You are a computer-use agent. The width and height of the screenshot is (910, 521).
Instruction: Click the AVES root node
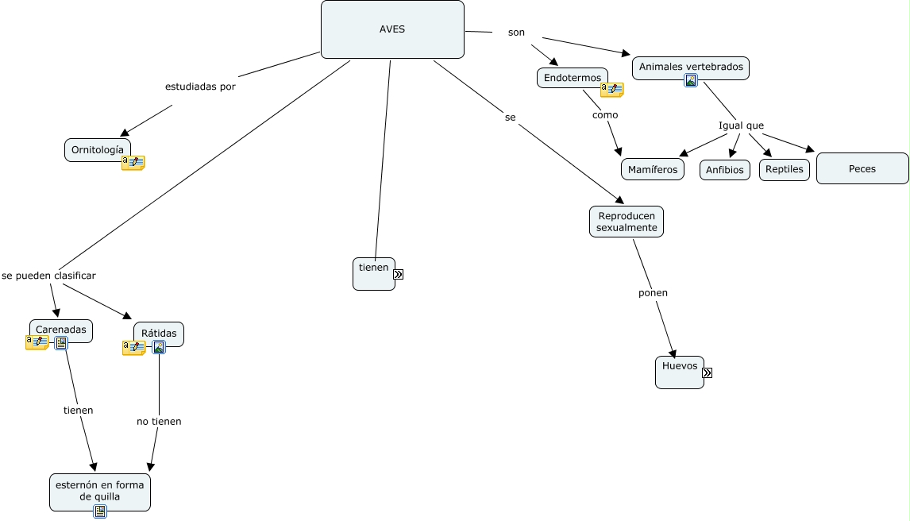(x=392, y=29)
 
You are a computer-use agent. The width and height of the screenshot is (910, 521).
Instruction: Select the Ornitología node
(x=98, y=149)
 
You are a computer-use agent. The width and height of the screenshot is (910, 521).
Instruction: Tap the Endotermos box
(x=573, y=78)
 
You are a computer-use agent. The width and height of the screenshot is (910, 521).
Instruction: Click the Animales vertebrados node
(x=691, y=68)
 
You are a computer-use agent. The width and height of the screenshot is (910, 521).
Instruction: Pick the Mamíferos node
(x=652, y=169)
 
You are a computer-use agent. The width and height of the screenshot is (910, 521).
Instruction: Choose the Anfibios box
(x=725, y=170)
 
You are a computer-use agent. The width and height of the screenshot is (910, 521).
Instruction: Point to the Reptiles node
(x=784, y=169)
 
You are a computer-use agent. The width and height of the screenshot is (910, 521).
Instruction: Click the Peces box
(x=862, y=168)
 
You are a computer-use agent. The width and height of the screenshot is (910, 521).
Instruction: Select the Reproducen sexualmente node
(x=627, y=222)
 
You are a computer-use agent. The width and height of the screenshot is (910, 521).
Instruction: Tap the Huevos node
(x=680, y=372)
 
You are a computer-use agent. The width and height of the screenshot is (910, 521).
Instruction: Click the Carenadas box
(x=61, y=330)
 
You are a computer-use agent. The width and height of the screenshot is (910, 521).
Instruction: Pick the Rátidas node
(x=159, y=334)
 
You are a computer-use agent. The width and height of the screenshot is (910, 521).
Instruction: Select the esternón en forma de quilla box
(x=100, y=492)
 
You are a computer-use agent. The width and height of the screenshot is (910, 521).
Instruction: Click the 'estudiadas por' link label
(x=200, y=87)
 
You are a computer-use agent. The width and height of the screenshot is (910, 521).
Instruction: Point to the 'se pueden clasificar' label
(x=48, y=276)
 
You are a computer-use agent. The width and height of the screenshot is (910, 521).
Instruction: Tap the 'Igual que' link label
(x=741, y=125)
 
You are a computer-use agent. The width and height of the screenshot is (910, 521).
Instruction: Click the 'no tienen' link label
(x=159, y=421)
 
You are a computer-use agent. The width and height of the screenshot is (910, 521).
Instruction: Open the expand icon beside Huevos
(x=707, y=372)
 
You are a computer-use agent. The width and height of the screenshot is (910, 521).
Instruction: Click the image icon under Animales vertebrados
(x=691, y=81)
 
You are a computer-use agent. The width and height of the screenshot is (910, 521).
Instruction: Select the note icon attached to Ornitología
(x=133, y=163)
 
